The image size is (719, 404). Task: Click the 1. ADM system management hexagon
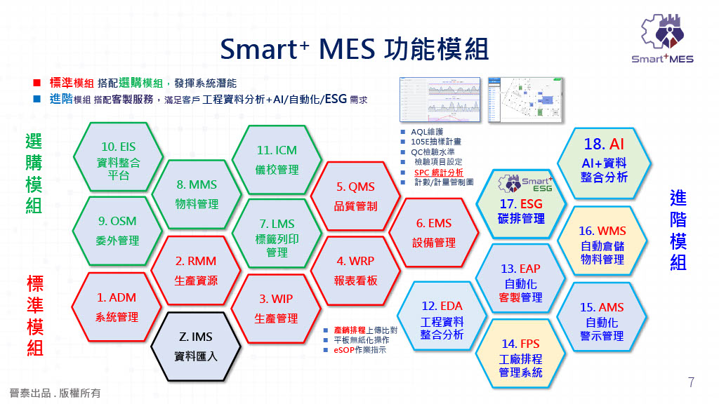[117, 307]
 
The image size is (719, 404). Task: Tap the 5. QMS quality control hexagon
[355, 196]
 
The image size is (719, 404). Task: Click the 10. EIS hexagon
[119, 160]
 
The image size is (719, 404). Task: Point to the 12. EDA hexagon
[442, 320]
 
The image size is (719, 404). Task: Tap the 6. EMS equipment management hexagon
[434, 233]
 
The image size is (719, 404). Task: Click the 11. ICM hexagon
[277, 160]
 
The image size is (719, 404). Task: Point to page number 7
[691, 382]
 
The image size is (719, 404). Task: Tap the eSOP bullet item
[359, 349]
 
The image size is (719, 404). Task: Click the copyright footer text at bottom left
[55, 393]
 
